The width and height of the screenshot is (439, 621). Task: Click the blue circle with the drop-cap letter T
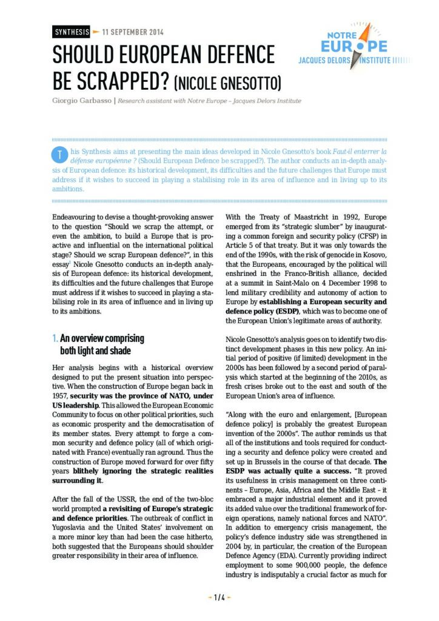click(59, 153)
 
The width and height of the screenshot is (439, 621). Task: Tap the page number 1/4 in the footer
click(219, 597)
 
